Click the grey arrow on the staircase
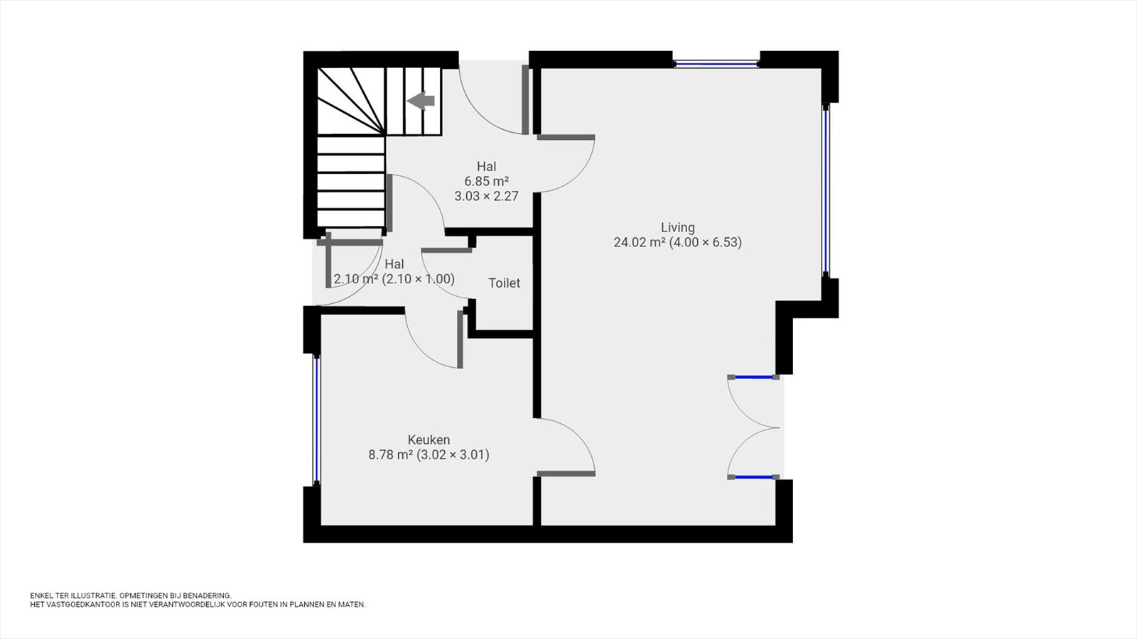point(421,102)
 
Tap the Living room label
point(678,228)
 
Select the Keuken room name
point(429,439)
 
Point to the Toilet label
point(504,283)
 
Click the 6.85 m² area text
point(486,181)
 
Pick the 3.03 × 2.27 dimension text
point(486,196)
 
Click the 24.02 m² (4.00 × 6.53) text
point(678,242)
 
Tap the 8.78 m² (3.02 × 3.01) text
point(429,455)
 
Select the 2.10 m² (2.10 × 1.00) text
point(394,279)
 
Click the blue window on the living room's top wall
point(716,64)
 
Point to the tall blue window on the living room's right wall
point(826,191)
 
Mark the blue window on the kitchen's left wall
point(316,420)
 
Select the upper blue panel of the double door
point(753,377)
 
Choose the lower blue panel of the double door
point(753,476)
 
